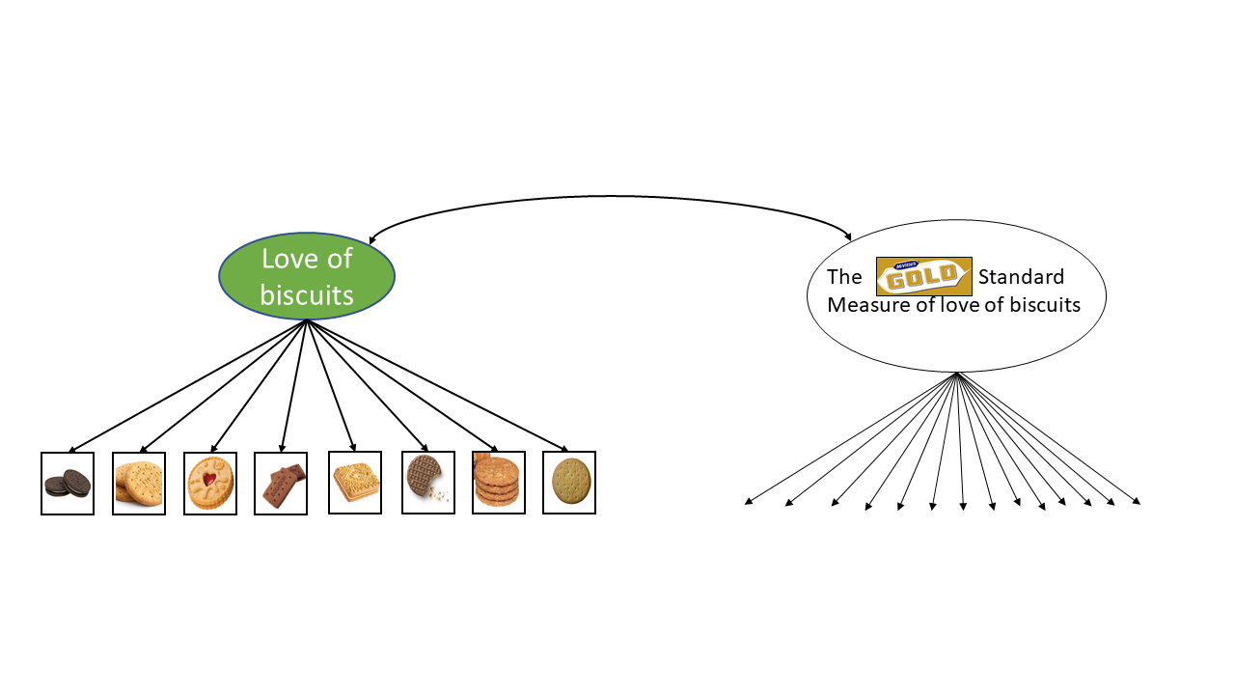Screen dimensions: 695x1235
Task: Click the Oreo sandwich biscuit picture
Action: point(68,484)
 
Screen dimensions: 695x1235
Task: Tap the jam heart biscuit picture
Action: point(210,484)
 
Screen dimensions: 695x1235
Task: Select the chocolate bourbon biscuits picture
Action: point(282,484)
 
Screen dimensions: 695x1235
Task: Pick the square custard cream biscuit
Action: point(354,483)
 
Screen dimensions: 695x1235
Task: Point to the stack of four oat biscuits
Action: point(498,483)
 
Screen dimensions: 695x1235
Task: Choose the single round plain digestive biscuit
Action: point(569,483)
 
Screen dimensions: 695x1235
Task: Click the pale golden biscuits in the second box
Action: point(139,484)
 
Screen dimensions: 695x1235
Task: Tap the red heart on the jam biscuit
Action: point(208,480)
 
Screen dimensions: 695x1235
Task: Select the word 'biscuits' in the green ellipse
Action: point(307,294)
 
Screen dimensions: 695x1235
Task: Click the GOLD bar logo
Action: point(923,277)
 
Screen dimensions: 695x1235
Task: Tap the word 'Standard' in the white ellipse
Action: point(1021,278)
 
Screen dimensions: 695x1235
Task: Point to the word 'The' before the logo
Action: point(844,278)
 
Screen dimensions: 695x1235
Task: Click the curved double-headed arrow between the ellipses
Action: point(608,198)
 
